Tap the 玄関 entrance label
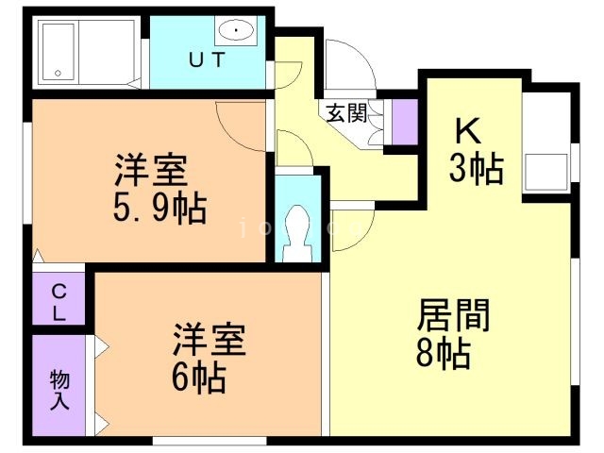pyautogui.click(x=347, y=112)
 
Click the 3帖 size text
pyautogui.click(x=475, y=170)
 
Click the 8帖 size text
pyautogui.click(x=443, y=354)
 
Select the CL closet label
pyautogui.click(x=59, y=303)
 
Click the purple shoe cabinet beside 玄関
pyautogui.click(x=404, y=121)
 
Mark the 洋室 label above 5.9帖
pyautogui.click(x=150, y=171)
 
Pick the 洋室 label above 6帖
pyautogui.click(x=209, y=339)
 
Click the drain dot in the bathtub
pyautogui.click(x=58, y=72)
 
